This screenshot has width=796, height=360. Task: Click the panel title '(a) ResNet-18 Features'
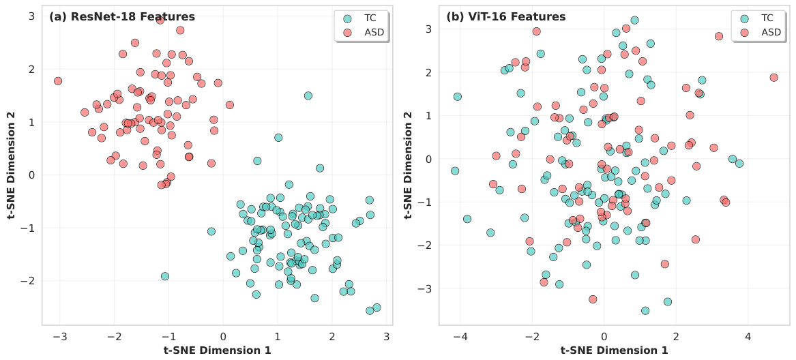pyautogui.click(x=122, y=17)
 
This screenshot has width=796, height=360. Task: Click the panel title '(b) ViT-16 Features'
pyautogui.click(x=505, y=17)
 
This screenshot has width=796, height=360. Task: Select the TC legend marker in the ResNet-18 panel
pyautogui.click(x=347, y=19)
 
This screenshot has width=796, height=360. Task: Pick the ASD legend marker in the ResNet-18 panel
pyautogui.click(x=347, y=33)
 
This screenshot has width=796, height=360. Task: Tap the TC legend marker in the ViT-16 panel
pyautogui.click(x=744, y=19)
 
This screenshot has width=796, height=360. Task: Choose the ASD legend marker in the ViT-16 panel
pyautogui.click(x=744, y=33)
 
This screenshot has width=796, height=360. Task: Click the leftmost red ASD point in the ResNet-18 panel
pyautogui.click(x=58, y=80)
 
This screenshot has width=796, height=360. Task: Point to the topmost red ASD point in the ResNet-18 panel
pyautogui.click(x=160, y=20)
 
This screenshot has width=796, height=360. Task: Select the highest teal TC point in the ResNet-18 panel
pyautogui.click(x=308, y=95)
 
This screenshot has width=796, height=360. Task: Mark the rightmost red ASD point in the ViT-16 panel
pyautogui.click(x=773, y=78)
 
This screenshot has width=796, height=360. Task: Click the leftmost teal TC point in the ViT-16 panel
pyautogui.click(x=455, y=170)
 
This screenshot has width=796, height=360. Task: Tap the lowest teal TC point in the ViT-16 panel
pyautogui.click(x=645, y=311)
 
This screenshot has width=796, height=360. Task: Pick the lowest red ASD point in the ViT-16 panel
pyautogui.click(x=593, y=299)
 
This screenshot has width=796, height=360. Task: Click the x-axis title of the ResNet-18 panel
pyautogui.click(x=218, y=350)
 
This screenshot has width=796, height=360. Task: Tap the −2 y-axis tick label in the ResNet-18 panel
pyautogui.click(x=30, y=281)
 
